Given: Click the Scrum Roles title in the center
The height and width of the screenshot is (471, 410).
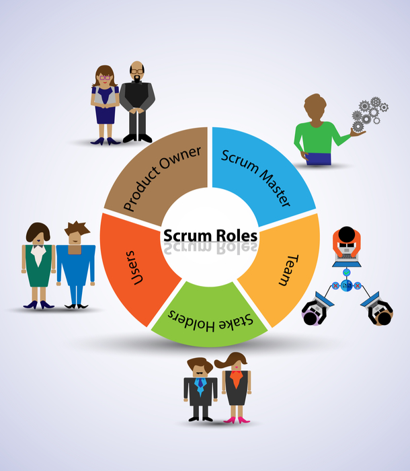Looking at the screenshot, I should (209, 235).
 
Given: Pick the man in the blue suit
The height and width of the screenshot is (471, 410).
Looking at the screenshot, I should (75, 266).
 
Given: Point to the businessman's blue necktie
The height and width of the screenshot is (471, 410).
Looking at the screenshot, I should (200, 386).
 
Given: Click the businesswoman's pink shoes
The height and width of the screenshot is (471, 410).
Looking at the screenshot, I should (235, 420).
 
